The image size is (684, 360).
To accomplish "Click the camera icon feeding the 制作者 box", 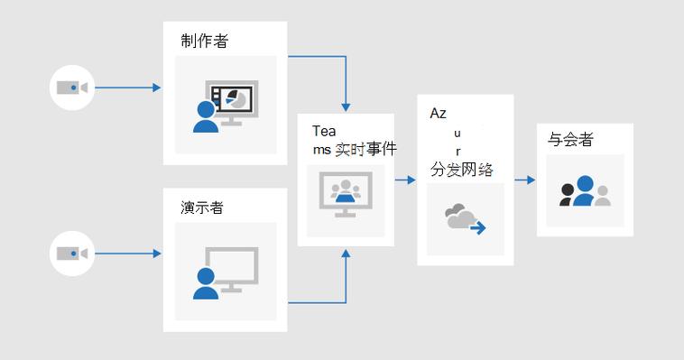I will tap(71, 88).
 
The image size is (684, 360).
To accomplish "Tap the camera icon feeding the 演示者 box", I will tap(71, 254).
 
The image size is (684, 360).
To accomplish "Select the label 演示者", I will tap(201, 208).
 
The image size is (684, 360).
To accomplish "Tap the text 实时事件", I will tap(365, 150).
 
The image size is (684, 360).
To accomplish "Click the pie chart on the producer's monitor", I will tap(237, 97).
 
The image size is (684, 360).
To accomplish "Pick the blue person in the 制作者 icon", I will tap(206, 116).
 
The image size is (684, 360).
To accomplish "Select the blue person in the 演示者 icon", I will tap(206, 282).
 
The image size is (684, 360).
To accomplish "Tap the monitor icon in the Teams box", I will tap(346, 197).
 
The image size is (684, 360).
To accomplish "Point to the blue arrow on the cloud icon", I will tap(476, 227).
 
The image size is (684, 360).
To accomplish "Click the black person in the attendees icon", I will tap(568, 195).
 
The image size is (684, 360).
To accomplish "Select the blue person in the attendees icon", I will tap(585, 190).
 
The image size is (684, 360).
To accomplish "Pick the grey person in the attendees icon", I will tap(602, 195).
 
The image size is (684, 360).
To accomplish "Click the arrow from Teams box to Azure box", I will tap(405, 180).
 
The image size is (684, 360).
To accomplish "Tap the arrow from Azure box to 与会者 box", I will tap(525, 180).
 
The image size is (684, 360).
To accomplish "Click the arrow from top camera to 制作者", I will tap(126, 88).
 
